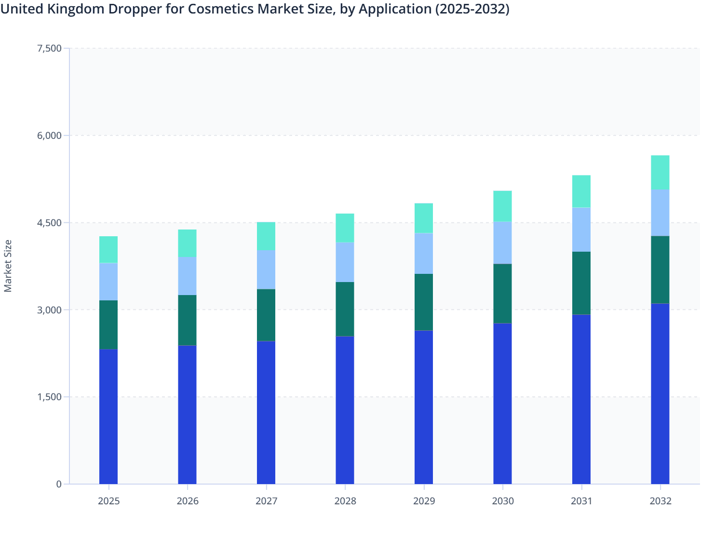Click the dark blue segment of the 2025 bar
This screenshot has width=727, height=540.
[x=108, y=417]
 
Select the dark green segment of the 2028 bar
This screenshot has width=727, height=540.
[x=345, y=309]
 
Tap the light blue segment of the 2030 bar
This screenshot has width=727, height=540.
[x=502, y=243]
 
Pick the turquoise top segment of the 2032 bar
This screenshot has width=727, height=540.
[x=660, y=173]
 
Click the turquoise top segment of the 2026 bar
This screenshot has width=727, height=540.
[x=187, y=243]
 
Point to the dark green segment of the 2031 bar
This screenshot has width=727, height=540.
[x=581, y=283]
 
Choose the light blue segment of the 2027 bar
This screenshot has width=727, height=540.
[x=266, y=270]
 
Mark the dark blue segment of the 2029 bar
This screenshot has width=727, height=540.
[x=424, y=407]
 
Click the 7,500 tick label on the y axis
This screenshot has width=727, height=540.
[x=49, y=48]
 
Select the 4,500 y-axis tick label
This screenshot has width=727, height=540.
[x=49, y=223]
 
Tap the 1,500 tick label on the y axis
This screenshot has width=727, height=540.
[x=49, y=397]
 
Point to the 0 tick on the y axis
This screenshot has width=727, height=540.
[x=59, y=484]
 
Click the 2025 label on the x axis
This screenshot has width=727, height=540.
[x=108, y=501]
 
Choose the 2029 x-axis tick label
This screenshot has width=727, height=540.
[x=424, y=501]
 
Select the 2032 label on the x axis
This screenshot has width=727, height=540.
[x=660, y=501]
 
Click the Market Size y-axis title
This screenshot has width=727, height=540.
[x=8, y=266]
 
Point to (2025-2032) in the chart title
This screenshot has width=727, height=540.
[x=472, y=9]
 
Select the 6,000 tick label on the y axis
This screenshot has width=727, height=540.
[x=49, y=135]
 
